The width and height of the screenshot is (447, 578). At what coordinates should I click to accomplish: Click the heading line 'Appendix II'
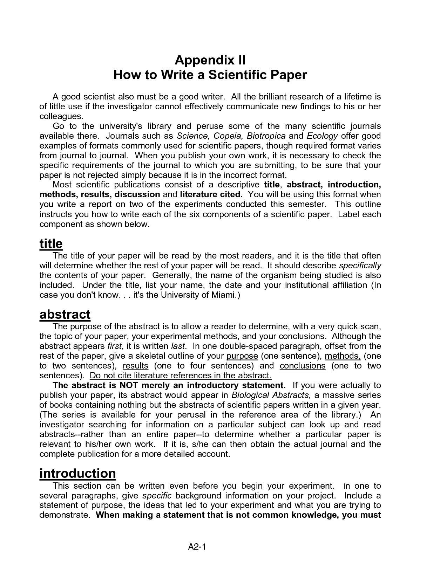[210, 60]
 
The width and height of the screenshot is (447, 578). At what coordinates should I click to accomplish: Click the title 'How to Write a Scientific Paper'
[210, 75]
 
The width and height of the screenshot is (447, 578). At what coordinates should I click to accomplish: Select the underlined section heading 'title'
[51, 243]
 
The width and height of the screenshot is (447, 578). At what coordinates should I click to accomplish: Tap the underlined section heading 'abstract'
[65, 314]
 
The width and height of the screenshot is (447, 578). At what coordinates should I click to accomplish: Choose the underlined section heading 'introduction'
[77, 473]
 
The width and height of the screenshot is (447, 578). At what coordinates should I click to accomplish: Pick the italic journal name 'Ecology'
[322, 136]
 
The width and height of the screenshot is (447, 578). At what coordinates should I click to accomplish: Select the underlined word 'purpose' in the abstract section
[242, 356]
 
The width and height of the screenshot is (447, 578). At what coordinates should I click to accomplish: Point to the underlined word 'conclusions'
[303, 366]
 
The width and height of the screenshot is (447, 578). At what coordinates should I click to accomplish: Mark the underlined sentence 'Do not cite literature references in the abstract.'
[181, 376]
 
